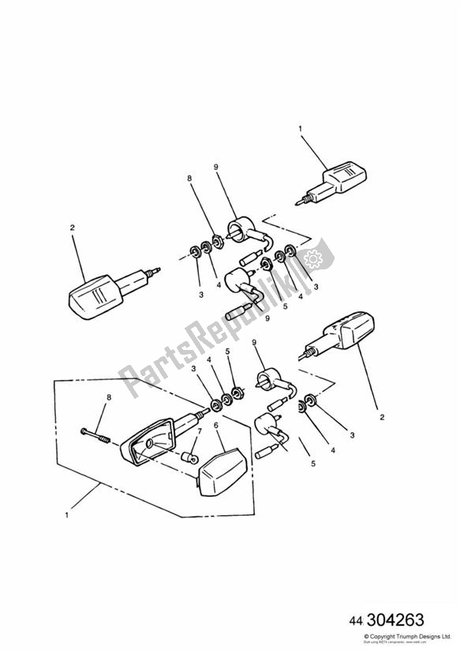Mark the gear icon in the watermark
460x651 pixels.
tap(312, 257)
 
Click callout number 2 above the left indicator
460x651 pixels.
tap(72, 228)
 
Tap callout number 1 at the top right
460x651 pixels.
tap(300, 126)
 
